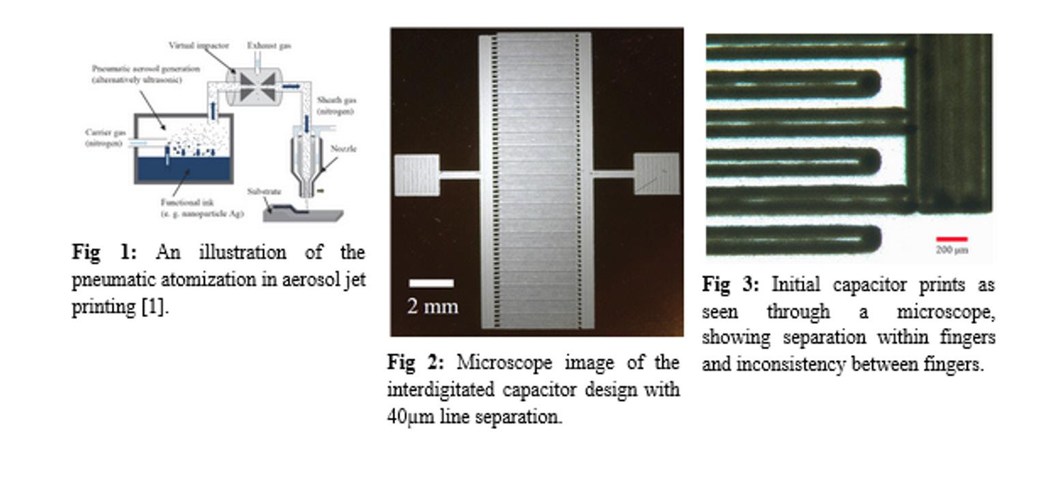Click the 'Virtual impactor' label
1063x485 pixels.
tap(199, 45)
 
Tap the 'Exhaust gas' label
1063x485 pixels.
tap(269, 45)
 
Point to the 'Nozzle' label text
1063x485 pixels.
tap(343, 149)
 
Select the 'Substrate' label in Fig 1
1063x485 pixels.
tap(264, 192)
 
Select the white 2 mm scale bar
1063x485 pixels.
tap(431, 283)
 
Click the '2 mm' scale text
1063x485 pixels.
tap(433, 307)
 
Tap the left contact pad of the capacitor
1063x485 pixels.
tap(417, 175)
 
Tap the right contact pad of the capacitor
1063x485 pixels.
tap(656, 174)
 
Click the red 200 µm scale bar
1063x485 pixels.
tap(952, 239)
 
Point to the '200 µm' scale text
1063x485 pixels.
tap(952, 250)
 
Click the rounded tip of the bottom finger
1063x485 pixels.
tap(870, 239)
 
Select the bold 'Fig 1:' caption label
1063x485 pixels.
tap(104, 252)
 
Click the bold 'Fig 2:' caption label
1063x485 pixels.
tap(415, 361)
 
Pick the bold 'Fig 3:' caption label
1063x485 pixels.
tap(730, 284)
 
